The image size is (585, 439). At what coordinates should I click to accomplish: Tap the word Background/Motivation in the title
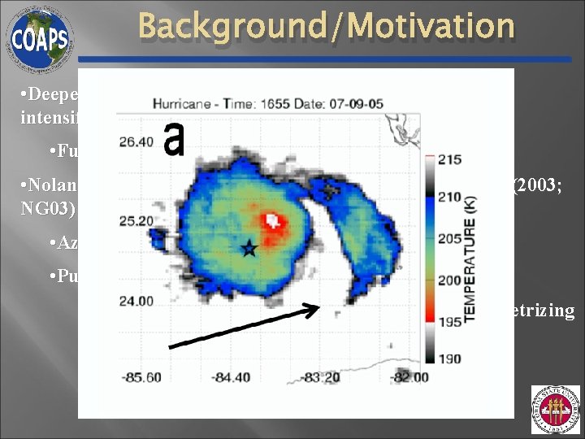tap(326, 26)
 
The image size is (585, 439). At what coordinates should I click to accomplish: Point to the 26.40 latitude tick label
tap(135, 141)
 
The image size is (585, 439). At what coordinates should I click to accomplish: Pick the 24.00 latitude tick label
tap(135, 300)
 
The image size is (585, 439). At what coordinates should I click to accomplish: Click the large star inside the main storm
tap(249, 250)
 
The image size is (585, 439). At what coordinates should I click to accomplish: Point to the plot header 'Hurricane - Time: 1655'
tap(236, 103)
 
